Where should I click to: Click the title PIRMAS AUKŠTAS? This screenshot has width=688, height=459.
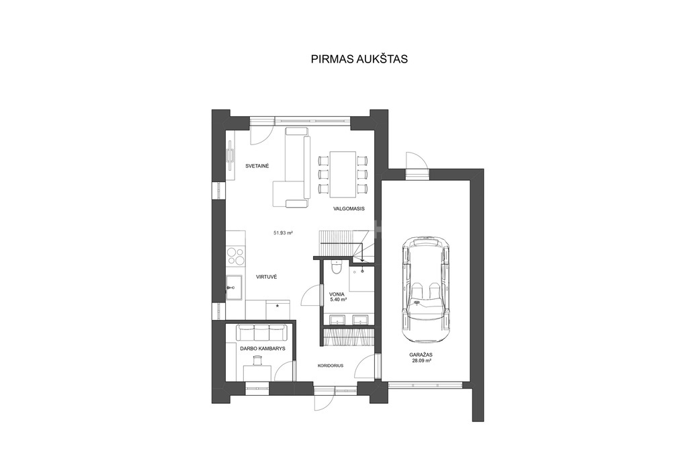point(359,58)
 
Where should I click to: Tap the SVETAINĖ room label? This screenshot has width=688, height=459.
point(257,166)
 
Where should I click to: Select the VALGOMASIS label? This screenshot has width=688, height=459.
point(349,208)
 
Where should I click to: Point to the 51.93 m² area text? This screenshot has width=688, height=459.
point(283,233)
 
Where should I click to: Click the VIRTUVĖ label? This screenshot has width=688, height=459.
point(267,277)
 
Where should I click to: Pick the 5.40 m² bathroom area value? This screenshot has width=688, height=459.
point(339,300)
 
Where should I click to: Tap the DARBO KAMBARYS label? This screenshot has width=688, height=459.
point(263,349)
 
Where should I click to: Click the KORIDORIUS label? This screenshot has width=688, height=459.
point(331,365)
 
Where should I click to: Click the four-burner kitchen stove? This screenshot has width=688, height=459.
point(236,256)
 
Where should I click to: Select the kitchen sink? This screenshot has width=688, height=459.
point(233,288)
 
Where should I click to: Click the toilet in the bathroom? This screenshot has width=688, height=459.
point(336,267)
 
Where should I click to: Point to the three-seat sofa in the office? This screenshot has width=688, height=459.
point(261,332)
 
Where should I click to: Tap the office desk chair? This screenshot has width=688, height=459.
point(257,361)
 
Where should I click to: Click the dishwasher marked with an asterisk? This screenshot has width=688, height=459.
point(277,310)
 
